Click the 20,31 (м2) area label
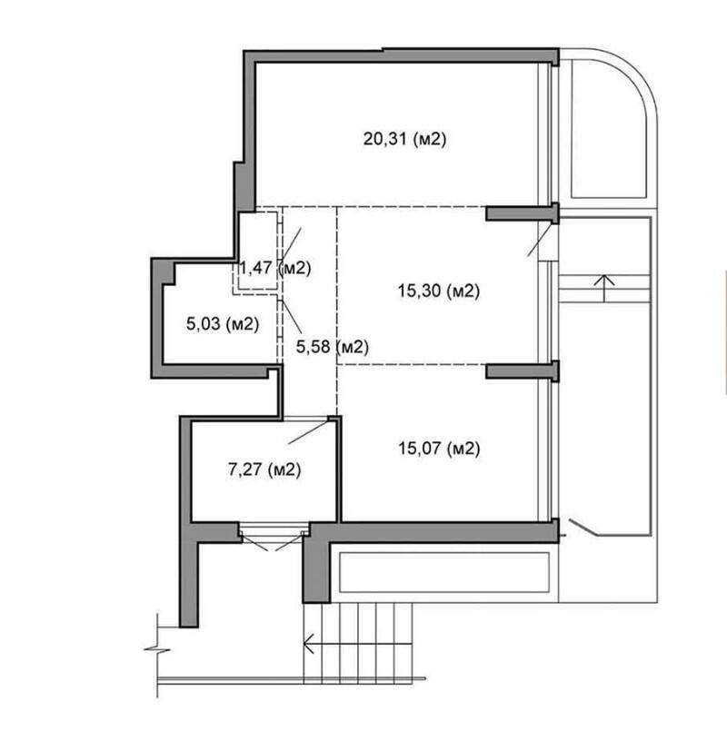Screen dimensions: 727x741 (404, 139)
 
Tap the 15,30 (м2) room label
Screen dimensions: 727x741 (438, 291)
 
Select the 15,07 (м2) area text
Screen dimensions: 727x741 (439, 448)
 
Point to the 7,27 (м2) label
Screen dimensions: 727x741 (264, 469)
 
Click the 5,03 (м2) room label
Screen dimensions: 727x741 (223, 324)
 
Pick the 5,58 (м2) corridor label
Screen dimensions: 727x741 (332, 347)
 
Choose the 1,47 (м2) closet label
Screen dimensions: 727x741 (274, 269)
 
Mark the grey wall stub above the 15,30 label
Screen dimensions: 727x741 (523, 213)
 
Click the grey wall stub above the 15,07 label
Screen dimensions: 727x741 (523, 371)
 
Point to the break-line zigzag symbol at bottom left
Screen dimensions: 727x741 (157, 650)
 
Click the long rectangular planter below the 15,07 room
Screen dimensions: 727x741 (444, 572)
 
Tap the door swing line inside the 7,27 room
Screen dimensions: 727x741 (307, 432)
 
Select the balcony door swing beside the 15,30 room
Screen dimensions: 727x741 (540, 239)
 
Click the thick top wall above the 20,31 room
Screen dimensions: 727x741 (401, 55)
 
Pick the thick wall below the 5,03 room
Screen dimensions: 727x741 (215, 371)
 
